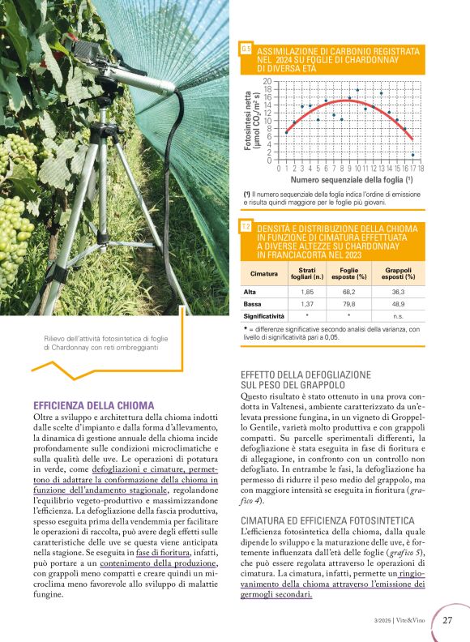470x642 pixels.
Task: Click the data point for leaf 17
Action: (412, 155)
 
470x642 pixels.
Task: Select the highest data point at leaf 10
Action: (357, 91)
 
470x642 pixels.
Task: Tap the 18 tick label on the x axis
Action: (421, 169)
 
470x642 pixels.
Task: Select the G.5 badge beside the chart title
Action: (246, 51)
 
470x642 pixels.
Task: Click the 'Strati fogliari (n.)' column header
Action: (306, 273)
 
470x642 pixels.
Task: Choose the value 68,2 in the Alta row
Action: (349, 291)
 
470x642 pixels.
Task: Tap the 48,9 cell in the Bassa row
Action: (399, 303)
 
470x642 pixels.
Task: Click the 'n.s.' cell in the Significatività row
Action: (399, 315)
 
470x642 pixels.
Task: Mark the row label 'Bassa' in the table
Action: (254, 303)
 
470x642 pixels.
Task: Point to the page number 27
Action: (447, 621)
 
